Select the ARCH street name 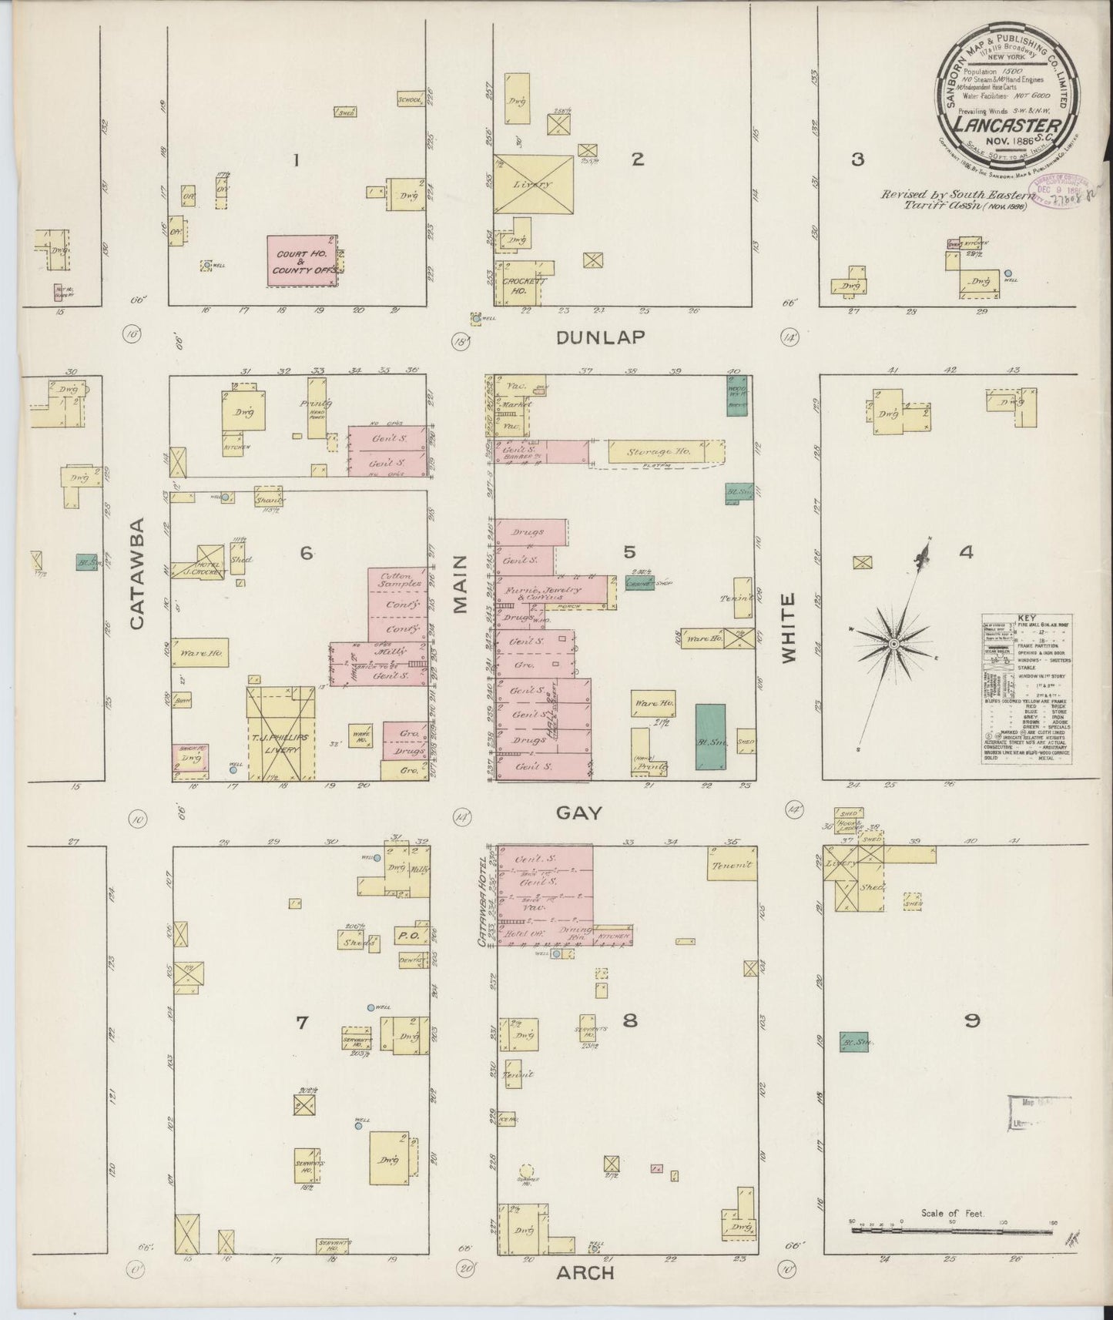(586, 1272)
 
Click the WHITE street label (787, 628)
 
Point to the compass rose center (893, 643)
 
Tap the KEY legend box (1027, 689)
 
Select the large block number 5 (630, 551)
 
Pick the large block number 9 (971, 1021)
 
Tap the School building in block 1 (410, 99)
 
